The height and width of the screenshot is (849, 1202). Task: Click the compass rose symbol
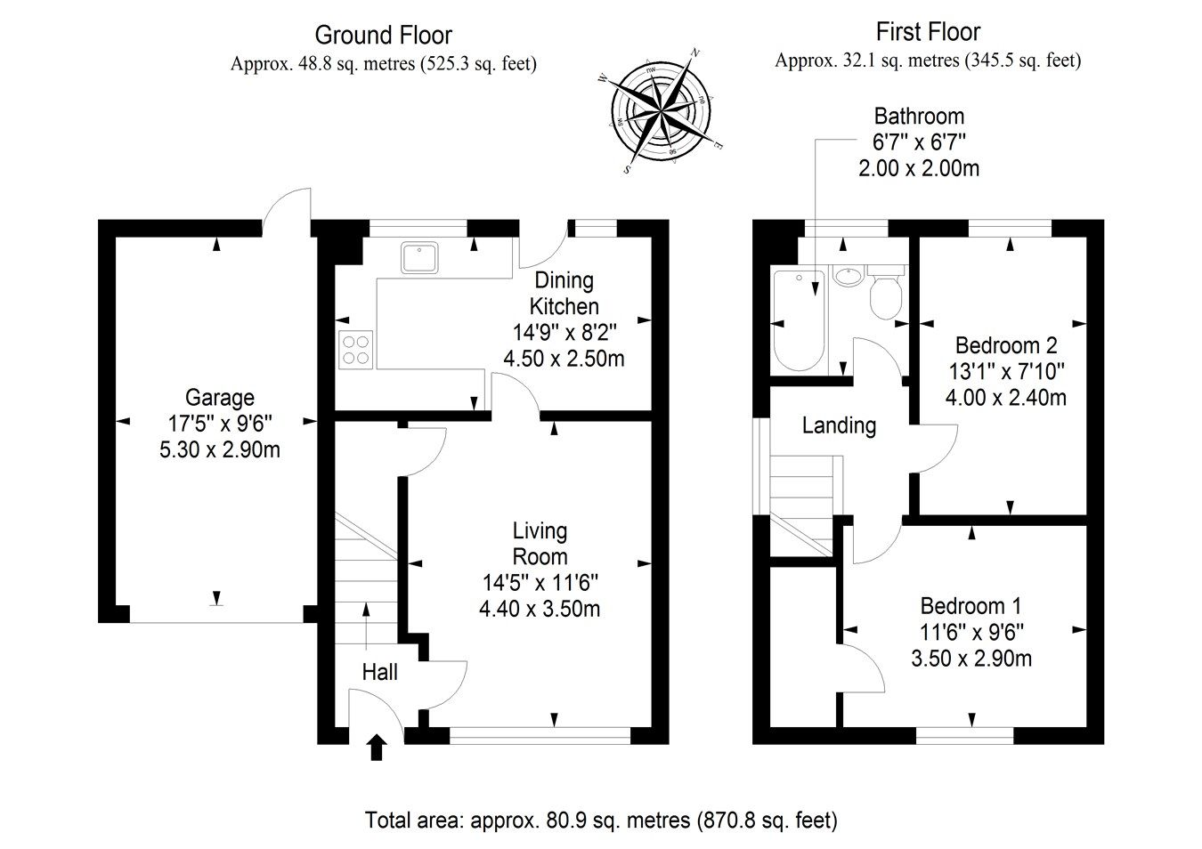662,109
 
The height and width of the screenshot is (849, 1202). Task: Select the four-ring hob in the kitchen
355,348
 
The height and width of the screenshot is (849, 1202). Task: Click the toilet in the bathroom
886,293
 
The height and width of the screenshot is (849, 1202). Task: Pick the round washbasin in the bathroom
848,276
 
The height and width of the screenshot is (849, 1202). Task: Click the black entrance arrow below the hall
377,747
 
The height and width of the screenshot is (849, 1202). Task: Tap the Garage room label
219,397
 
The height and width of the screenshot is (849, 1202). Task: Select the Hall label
380,672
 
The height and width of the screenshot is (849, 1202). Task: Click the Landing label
839,425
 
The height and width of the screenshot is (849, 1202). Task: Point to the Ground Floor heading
384,36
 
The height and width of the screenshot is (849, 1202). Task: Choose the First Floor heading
928,33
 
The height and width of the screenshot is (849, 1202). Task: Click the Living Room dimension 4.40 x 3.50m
540,609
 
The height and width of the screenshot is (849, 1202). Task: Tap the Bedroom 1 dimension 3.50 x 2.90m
971,659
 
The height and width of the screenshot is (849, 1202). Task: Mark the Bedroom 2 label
1006,344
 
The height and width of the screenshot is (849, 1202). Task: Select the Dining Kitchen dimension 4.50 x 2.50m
564,359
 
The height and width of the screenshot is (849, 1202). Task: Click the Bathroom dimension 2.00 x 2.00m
919,167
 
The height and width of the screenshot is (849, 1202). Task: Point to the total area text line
601,820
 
